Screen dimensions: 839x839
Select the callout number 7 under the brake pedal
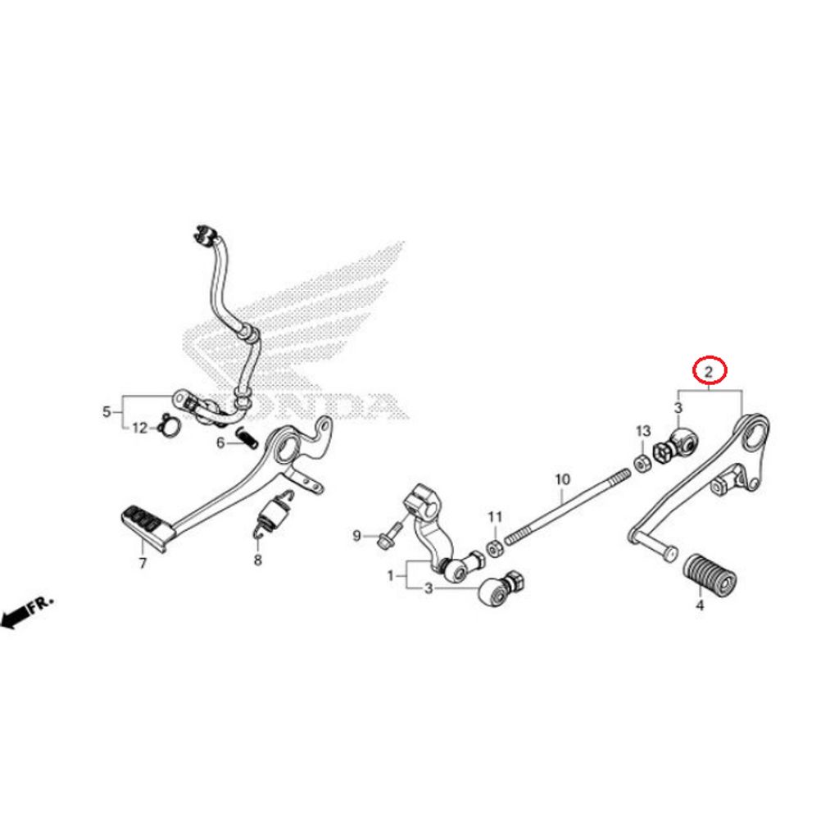pos(143,563)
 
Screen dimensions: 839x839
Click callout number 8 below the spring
pos(257,560)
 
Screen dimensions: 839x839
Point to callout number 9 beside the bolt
pos(356,536)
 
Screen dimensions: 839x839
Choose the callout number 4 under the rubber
pos(699,606)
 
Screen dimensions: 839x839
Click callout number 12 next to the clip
pos(139,428)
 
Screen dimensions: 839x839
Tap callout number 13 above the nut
pos(642,431)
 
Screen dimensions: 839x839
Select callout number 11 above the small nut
pos(494,517)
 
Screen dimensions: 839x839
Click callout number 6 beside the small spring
pos(220,443)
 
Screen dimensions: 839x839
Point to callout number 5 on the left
pos(106,411)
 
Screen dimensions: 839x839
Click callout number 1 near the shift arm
pos(391,576)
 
